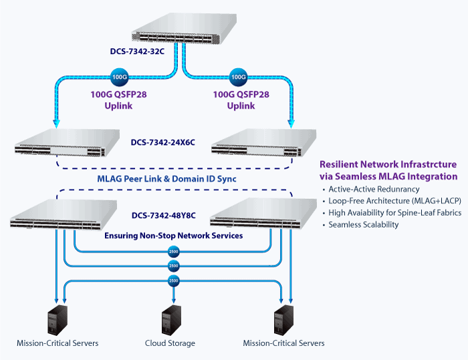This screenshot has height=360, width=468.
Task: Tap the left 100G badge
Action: click(118, 77)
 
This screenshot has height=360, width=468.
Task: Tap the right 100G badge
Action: click(238, 77)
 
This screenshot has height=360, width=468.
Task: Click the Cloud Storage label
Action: click(170, 343)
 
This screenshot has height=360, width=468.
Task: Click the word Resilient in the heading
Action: click(339, 164)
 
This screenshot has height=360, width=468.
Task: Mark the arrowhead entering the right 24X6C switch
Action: click(291, 122)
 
